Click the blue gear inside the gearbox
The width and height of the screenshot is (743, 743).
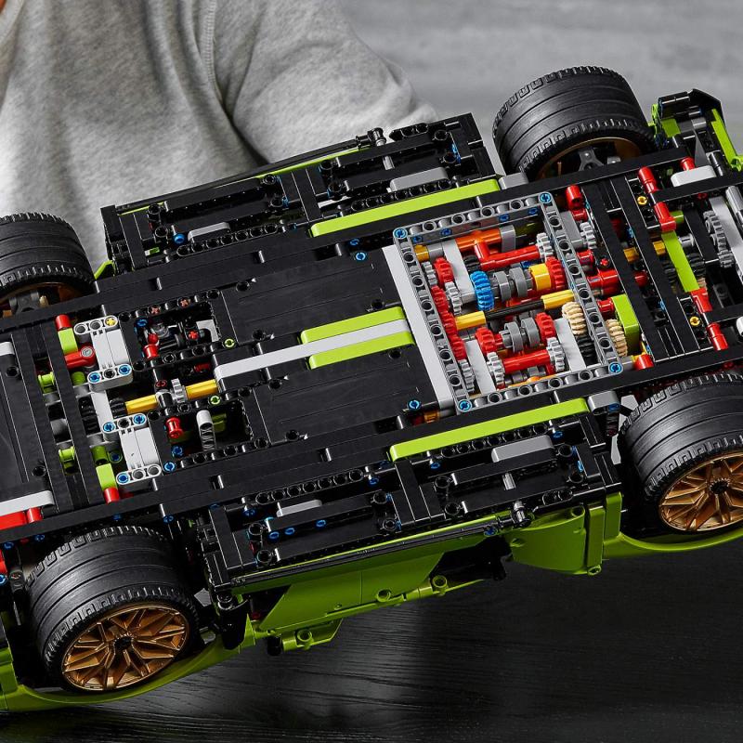point(481,290)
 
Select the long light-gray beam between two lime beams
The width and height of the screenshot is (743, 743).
point(306,349)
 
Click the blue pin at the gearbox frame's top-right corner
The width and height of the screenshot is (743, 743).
point(545,198)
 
